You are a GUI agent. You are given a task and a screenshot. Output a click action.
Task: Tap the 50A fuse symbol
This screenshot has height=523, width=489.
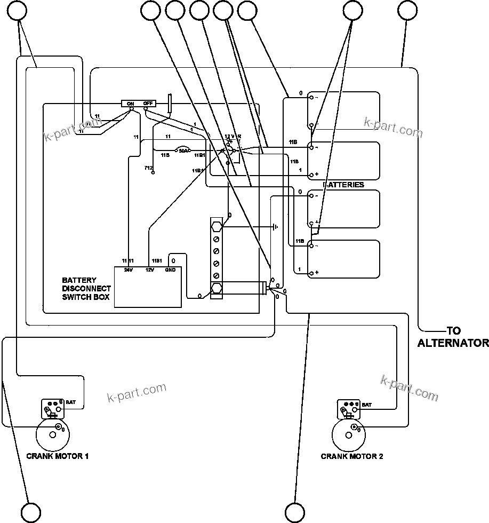click(x=183, y=151)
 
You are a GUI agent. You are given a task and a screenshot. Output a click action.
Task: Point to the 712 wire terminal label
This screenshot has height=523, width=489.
click(x=148, y=168)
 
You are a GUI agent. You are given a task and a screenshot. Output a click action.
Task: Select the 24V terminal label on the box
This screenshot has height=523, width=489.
click(x=128, y=270)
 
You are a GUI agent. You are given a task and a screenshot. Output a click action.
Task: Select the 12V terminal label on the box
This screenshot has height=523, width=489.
click(x=150, y=270)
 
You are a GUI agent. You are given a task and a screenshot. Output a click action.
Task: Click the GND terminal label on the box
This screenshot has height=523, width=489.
click(x=171, y=270)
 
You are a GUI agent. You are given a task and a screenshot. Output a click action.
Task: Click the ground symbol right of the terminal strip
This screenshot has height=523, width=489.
click(x=275, y=227)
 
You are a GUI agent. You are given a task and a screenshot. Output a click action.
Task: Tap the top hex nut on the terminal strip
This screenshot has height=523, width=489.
click(x=217, y=227)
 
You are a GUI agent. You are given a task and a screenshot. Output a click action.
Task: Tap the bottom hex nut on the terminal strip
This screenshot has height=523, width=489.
click(x=217, y=289)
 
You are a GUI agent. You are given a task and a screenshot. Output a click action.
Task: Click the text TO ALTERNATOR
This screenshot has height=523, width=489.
click(x=453, y=337)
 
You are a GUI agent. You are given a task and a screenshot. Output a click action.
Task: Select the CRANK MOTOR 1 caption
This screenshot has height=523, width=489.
click(x=57, y=456)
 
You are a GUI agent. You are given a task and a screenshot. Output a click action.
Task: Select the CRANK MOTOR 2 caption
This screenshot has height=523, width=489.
click(x=351, y=456)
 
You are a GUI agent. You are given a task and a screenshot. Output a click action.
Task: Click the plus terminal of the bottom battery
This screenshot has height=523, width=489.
click(x=316, y=273)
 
